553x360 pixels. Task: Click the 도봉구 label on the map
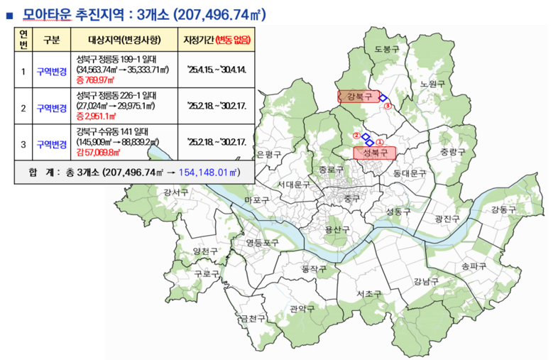(388, 49)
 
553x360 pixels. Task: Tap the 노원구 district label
(431, 84)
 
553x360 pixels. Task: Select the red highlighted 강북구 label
(358, 97)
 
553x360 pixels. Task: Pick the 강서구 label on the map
(175, 192)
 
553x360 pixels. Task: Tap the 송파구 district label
(473, 266)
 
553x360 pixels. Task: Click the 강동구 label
(503, 209)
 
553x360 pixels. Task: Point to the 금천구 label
(253, 318)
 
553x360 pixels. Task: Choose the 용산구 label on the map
(336, 229)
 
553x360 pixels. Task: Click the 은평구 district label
(270, 154)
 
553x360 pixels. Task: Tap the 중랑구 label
(452, 152)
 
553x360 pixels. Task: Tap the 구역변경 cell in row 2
(52, 108)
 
